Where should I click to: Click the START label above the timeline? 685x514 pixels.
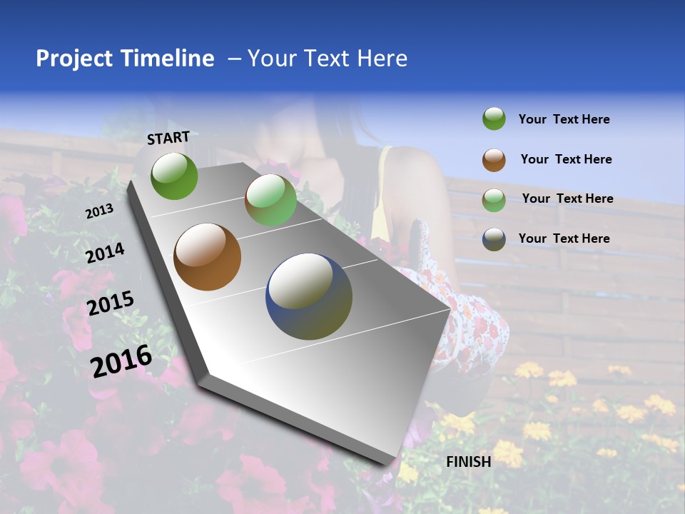[168, 138]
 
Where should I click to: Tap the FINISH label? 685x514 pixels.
[469, 462]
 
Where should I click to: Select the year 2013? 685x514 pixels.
[100, 211]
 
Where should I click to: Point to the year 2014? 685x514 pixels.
[105, 253]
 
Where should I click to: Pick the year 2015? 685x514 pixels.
[111, 303]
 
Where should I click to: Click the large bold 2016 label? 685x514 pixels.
[121, 361]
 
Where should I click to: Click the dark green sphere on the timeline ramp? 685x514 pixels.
[174, 176]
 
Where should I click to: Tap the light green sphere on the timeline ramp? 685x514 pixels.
[270, 200]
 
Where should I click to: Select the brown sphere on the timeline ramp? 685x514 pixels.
[207, 257]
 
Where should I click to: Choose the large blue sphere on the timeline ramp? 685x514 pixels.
[309, 296]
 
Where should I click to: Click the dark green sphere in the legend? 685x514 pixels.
[494, 119]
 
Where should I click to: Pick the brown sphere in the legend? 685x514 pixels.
[494, 160]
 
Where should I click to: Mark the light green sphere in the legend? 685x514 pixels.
[494, 199]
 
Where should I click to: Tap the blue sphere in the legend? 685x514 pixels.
[494, 239]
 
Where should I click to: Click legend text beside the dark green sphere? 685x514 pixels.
[564, 120]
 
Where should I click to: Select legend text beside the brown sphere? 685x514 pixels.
[566, 159]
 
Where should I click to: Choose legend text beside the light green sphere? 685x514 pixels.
[567, 198]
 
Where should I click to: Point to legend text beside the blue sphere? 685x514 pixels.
[564, 238]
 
